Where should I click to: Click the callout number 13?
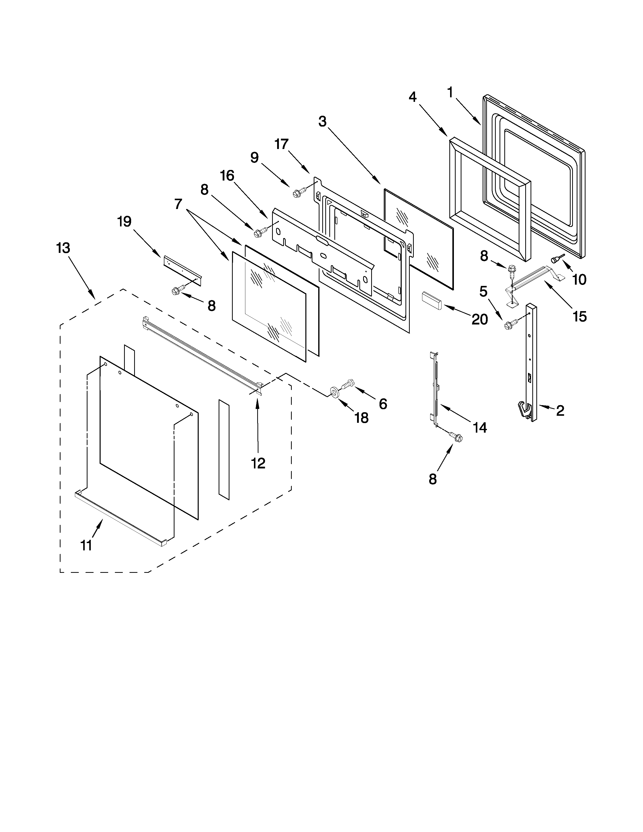63,248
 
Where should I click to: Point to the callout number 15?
579,316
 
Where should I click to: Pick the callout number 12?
258,463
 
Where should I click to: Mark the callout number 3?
322,122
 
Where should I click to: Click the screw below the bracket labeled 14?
456,437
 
